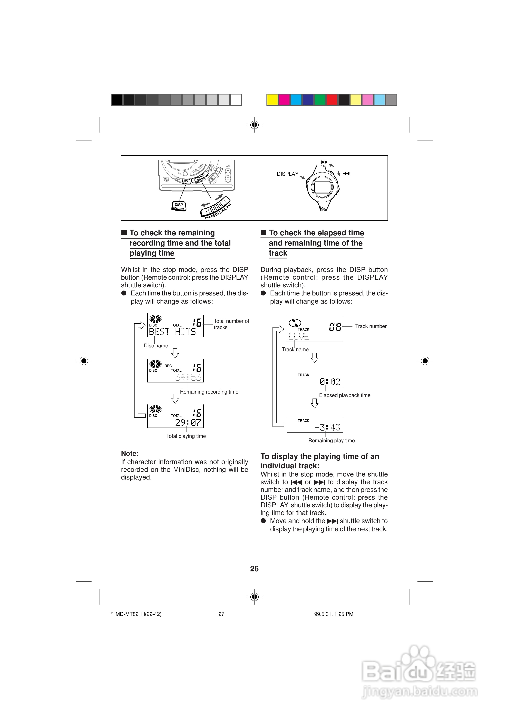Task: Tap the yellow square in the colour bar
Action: tap(272, 100)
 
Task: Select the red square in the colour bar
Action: tap(332, 100)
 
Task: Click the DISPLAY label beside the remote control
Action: tap(287, 174)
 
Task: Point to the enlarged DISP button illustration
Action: tap(179, 205)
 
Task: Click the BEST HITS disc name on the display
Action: tap(172, 332)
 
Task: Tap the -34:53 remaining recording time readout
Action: tap(185, 377)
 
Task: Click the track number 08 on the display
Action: tap(335, 327)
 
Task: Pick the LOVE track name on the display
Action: tap(298, 336)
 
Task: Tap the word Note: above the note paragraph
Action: tap(130, 453)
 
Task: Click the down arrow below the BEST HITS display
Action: tap(175, 353)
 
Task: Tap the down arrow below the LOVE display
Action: tap(314, 358)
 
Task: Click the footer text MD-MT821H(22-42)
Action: tap(138, 614)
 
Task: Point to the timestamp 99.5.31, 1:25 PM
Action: tap(334, 614)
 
